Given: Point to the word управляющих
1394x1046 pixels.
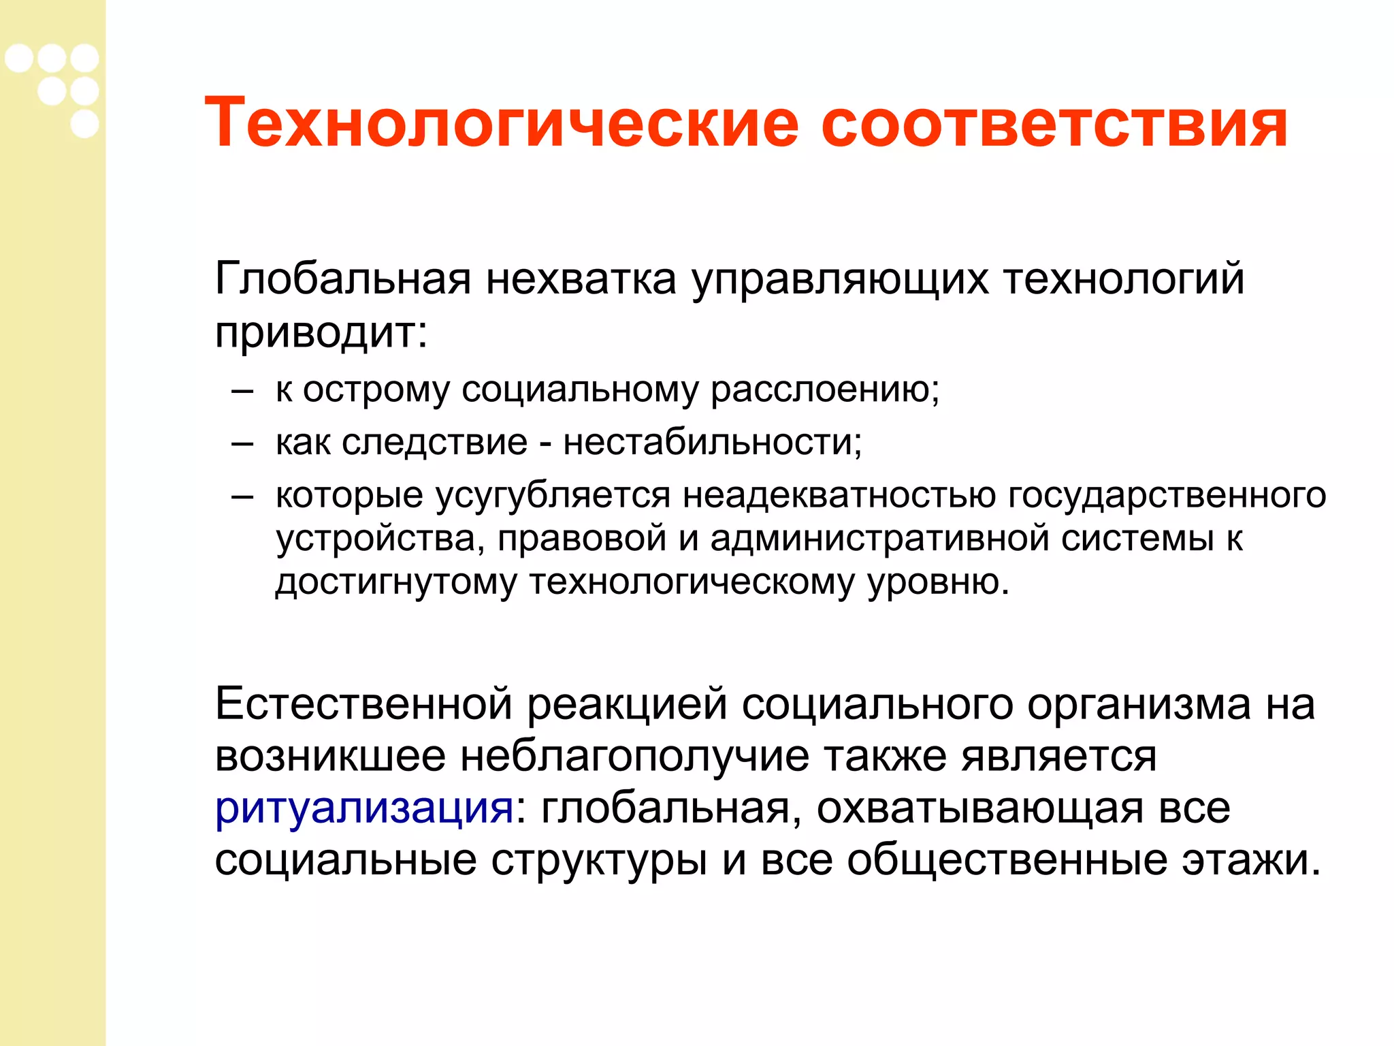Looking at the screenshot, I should tap(840, 280).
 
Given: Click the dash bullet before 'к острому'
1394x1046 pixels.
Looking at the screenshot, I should tap(242, 392).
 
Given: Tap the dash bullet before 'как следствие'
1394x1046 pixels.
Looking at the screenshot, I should tap(242, 444).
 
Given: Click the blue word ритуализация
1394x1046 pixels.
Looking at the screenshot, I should tap(364, 809).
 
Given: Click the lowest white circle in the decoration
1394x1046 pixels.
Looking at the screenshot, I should tap(84, 124).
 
